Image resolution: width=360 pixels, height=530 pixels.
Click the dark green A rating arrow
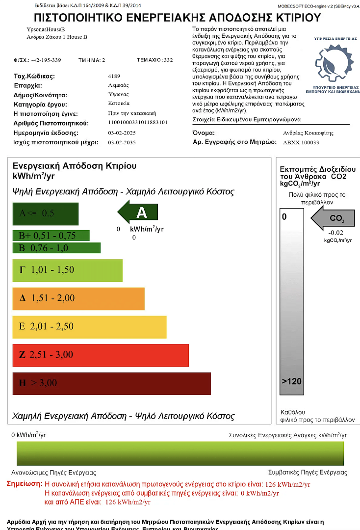(x=138, y=212)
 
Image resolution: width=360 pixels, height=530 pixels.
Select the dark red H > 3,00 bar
(x=112, y=383)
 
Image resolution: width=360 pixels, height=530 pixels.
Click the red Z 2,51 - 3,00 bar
(x=101, y=355)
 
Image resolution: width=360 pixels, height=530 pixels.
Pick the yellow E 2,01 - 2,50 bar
(x=89, y=327)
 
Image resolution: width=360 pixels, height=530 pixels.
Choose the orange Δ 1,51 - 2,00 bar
(x=78, y=298)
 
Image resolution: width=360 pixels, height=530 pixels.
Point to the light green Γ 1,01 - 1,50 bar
(x=67, y=270)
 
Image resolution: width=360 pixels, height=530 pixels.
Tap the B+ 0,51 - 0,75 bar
(x=51, y=236)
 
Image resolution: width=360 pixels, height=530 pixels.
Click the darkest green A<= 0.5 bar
(x=46, y=213)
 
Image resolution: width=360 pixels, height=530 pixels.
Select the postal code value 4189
(x=114, y=76)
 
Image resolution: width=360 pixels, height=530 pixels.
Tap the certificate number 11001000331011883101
(x=137, y=123)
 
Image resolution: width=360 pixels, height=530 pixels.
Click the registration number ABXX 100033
(x=301, y=142)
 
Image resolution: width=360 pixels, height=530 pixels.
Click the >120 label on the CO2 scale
(x=292, y=381)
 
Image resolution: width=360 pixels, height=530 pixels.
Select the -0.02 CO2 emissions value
(x=336, y=233)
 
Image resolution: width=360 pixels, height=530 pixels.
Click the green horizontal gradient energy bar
(x=180, y=453)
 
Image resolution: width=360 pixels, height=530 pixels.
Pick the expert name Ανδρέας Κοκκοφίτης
(x=308, y=132)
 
